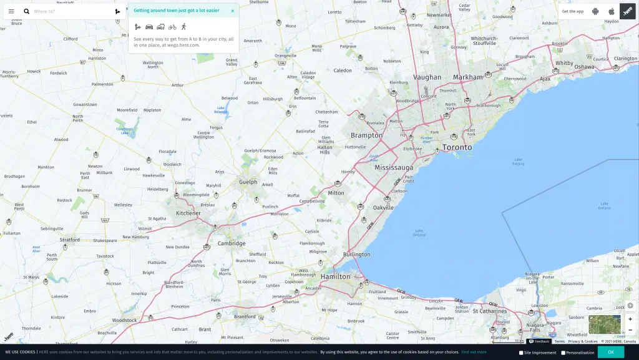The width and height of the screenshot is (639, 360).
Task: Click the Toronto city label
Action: pyautogui.click(x=457, y=147)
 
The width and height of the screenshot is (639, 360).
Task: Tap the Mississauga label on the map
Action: pyautogui.click(x=394, y=168)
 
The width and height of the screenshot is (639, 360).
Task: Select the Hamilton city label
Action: pyautogui.click(x=336, y=276)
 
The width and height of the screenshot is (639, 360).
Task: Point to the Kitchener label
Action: pyautogui.click(x=188, y=213)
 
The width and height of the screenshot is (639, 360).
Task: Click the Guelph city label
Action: pyautogui.click(x=248, y=182)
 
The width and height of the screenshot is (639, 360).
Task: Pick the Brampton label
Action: pyautogui.click(x=366, y=135)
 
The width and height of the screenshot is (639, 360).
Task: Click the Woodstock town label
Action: pyautogui.click(x=124, y=321)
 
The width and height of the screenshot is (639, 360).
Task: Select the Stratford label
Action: pyautogui.click(x=70, y=240)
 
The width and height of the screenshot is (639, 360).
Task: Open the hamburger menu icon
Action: pyautogui.click(x=11, y=11)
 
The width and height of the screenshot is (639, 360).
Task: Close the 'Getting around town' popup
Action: pyautogui.click(x=233, y=11)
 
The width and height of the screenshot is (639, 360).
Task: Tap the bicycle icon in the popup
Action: pyautogui.click(x=172, y=27)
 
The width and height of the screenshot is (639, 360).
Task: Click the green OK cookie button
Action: pyautogui.click(x=610, y=352)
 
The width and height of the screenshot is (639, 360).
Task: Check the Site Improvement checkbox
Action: pyautogui.click(x=522, y=353)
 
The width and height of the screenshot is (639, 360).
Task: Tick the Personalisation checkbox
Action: pyautogui.click(x=563, y=353)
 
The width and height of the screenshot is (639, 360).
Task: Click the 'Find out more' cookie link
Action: pyautogui.click(x=474, y=352)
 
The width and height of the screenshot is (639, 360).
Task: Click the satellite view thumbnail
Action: pyautogui.click(x=604, y=324)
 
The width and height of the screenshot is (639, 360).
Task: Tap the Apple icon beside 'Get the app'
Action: pyautogui.click(x=612, y=11)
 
